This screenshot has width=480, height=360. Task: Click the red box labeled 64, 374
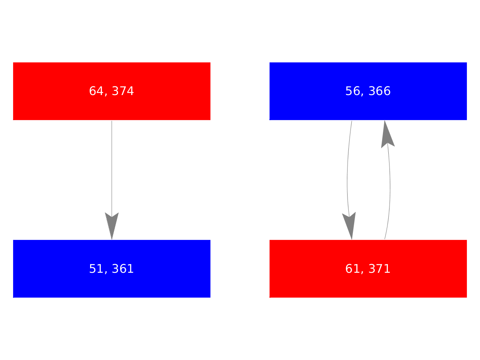112,91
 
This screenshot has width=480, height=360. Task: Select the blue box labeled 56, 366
368,91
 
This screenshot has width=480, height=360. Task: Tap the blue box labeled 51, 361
112,269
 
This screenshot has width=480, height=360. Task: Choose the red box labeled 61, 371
368,269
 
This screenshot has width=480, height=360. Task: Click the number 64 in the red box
96,91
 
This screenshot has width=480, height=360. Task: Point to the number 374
123,91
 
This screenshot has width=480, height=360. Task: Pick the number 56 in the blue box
352,91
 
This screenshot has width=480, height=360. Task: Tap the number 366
380,91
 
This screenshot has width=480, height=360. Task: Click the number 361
123,269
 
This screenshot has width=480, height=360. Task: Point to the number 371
379,269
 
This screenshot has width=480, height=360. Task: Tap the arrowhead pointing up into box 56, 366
387,134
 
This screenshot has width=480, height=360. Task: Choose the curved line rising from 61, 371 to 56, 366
390,190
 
